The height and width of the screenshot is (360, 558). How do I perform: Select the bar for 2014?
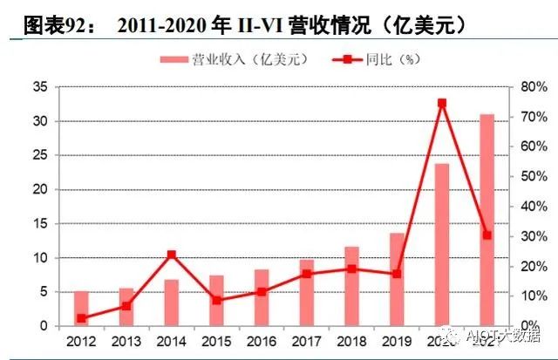171,302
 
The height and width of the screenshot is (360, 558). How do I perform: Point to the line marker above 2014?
171,255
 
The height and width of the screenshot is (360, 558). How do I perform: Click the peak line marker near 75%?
442,103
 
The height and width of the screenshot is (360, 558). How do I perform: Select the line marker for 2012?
81,318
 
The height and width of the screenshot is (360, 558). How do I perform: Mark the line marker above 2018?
351,268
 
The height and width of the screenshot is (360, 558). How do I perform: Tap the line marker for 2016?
262,291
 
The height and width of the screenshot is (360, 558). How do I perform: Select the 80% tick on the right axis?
531,87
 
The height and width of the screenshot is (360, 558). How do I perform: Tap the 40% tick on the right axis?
531,207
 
